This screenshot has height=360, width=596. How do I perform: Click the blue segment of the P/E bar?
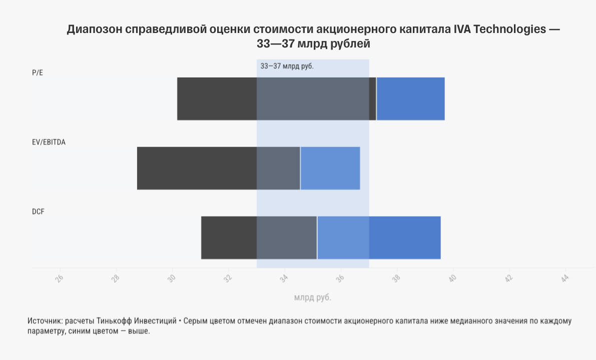[x=410, y=99]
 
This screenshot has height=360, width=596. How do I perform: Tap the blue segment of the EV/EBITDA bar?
[x=330, y=168]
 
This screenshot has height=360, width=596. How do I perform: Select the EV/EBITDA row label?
[x=49, y=142]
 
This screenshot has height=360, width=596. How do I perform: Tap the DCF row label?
[x=38, y=211]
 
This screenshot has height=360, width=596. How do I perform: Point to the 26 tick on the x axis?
[x=60, y=278]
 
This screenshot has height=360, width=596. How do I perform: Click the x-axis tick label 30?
[x=172, y=278]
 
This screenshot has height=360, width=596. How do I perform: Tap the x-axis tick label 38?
[x=397, y=278]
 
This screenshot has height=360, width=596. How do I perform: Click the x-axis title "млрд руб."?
[x=313, y=297]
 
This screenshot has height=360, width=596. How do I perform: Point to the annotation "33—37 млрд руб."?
[x=287, y=66]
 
